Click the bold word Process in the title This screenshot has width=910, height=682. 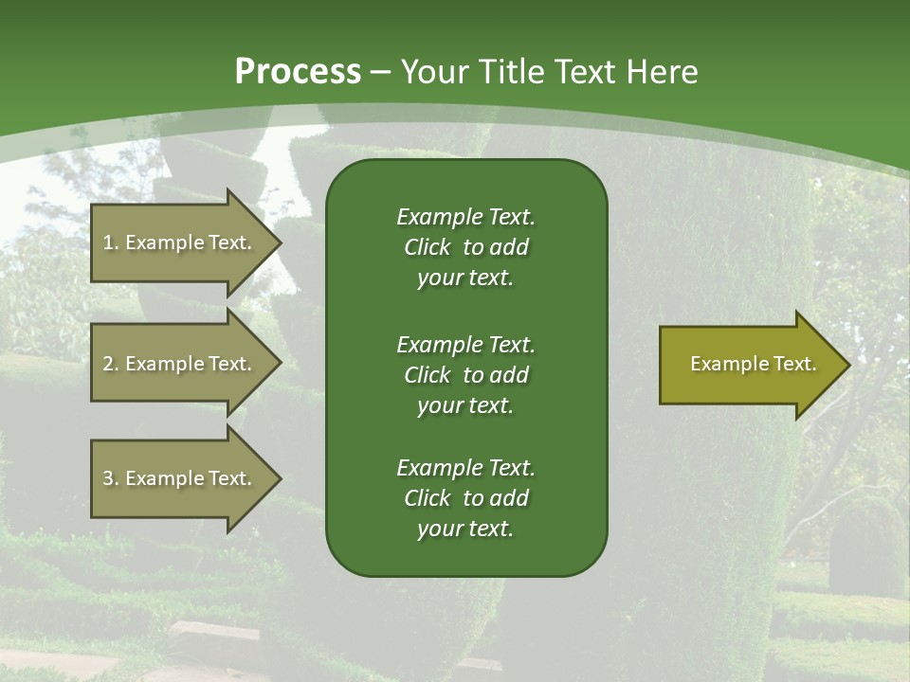[x=298, y=72]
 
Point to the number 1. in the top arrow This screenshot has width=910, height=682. [x=110, y=242]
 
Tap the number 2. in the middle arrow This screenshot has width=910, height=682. [x=110, y=364]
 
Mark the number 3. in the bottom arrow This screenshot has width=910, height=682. [x=110, y=478]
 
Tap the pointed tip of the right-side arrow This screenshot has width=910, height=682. [x=846, y=365]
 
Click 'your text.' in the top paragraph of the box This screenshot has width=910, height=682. [x=465, y=278]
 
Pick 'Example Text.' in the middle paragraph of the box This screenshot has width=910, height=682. [x=465, y=344]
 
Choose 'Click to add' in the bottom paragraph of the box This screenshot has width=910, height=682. [x=465, y=498]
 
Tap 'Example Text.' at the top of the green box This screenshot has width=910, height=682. [x=465, y=217]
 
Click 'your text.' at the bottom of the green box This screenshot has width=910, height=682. [x=465, y=529]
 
